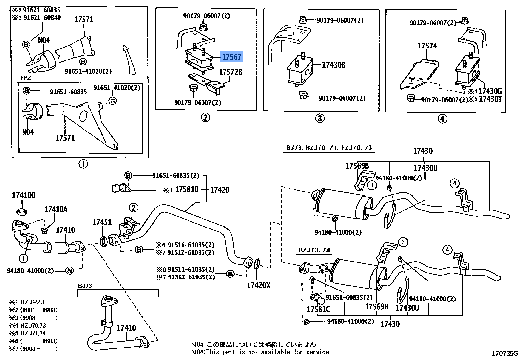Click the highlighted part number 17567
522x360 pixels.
click(x=231, y=57)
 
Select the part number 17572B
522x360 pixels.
click(x=230, y=72)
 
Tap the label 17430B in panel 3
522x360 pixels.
click(x=333, y=65)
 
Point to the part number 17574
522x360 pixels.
click(x=427, y=46)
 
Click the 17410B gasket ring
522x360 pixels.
click(x=22, y=212)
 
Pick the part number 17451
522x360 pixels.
click(x=102, y=222)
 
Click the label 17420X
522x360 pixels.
click(x=258, y=285)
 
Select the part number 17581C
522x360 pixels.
click(x=318, y=309)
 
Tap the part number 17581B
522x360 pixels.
click(x=187, y=189)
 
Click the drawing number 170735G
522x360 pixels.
click(x=505, y=354)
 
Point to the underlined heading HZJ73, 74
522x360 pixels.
click(x=314, y=250)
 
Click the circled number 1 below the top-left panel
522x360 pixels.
click(x=83, y=164)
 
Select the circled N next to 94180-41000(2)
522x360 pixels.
click(x=69, y=271)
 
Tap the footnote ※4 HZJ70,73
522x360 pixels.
click(x=28, y=325)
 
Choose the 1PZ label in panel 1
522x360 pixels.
click(x=26, y=78)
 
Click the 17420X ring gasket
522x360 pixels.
click(x=256, y=263)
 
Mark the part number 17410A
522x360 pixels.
click(x=56, y=209)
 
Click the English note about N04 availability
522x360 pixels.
click(x=260, y=352)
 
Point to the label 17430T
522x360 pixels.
click(x=490, y=99)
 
